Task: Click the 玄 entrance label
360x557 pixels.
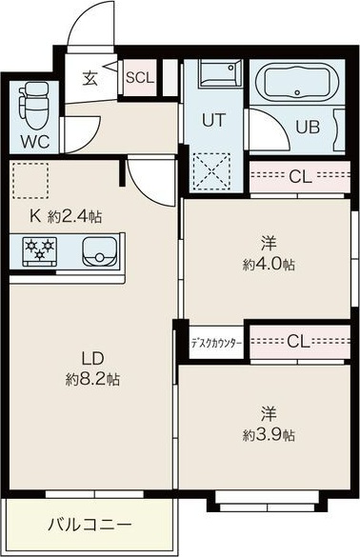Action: [90, 78]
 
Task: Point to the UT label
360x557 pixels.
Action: [213, 120]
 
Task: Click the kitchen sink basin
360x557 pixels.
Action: [98, 252]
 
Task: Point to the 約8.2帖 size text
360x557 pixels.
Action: [92, 378]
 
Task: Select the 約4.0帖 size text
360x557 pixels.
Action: [268, 264]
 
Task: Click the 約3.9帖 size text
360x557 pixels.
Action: [269, 435]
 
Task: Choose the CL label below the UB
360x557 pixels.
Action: [299, 176]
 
